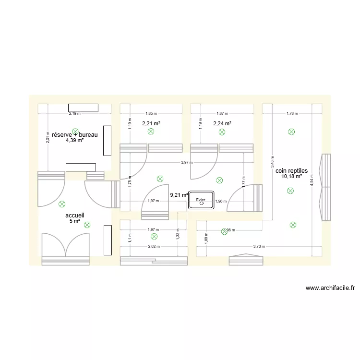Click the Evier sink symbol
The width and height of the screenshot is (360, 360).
(201, 200)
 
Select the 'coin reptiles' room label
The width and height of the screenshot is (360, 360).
(292, 170)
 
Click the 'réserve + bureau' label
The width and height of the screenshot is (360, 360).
(74, 135)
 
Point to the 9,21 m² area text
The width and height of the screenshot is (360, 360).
(179, 195)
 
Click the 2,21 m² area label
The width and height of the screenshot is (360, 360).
(151, 123)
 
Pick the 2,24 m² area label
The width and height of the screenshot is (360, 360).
(222, 123)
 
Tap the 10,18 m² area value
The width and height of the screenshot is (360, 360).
(292, 176)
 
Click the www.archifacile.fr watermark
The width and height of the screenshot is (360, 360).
(330, 288)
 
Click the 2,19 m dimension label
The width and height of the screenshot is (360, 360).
(74, 114)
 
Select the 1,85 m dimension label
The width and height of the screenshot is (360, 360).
(151, 114)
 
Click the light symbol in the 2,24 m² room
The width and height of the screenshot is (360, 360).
(222, 131)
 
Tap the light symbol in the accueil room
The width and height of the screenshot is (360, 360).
(87, 224)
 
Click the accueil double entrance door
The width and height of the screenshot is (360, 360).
(66, 246)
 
